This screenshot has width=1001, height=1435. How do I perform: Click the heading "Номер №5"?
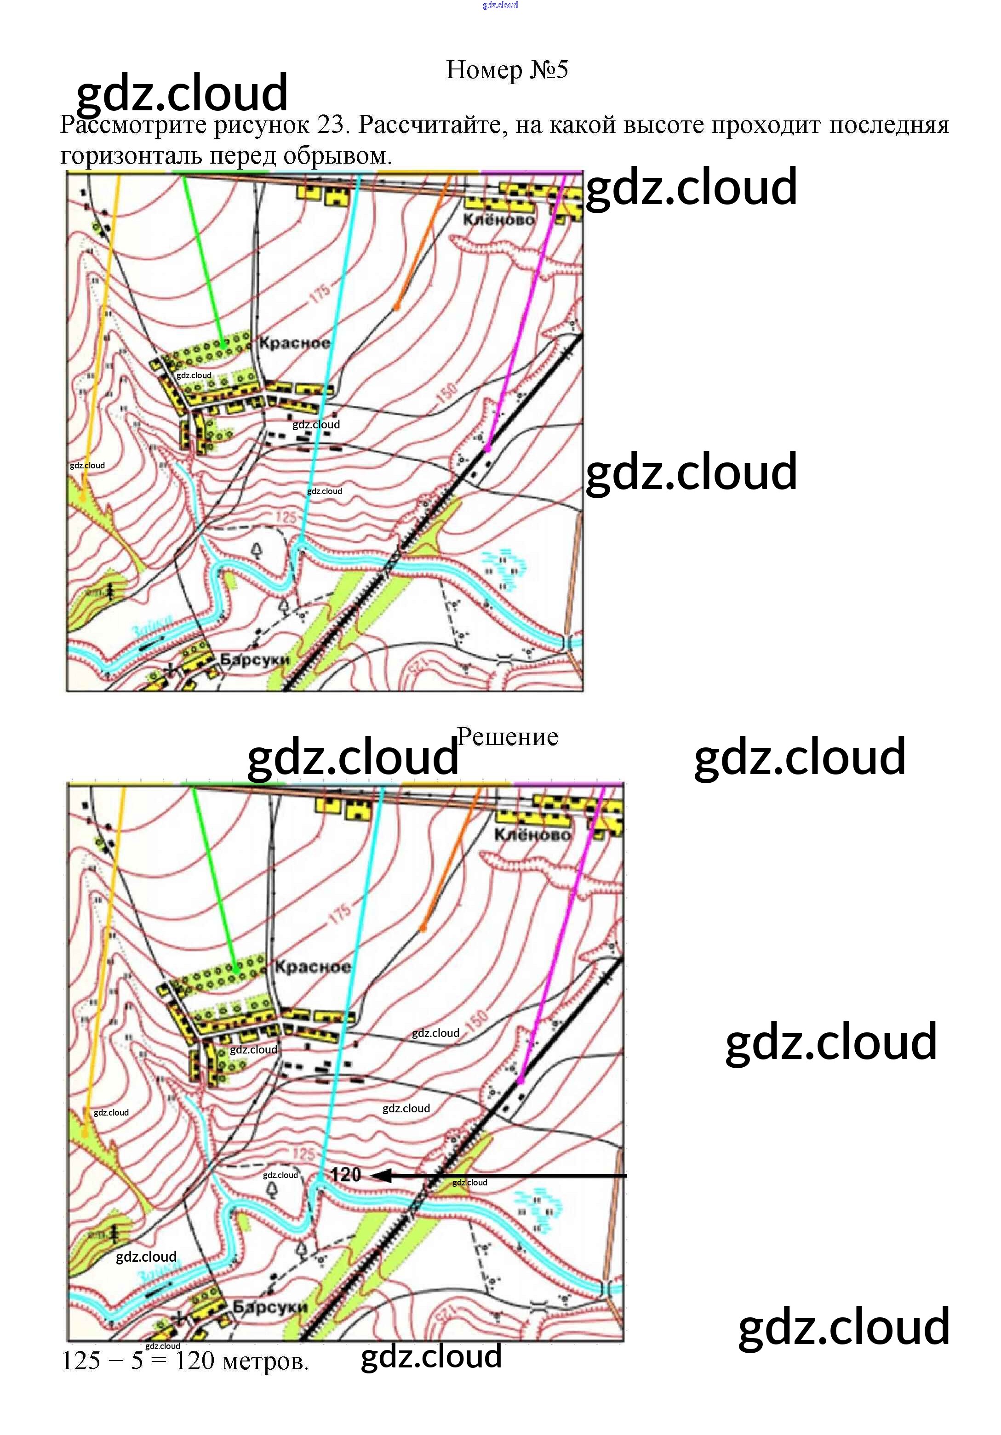click(506, 70)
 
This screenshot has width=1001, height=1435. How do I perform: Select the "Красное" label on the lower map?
click(313, 967)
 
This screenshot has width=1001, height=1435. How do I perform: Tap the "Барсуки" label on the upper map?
click(254, 660)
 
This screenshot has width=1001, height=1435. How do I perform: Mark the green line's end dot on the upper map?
click(223, 344)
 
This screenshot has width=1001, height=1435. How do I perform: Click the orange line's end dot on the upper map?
click(396, 307)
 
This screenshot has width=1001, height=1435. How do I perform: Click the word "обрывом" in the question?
click(337, 156)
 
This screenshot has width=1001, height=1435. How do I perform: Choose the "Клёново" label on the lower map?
click(532, 835)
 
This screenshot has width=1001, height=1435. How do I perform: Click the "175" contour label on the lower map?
click(341, 914)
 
